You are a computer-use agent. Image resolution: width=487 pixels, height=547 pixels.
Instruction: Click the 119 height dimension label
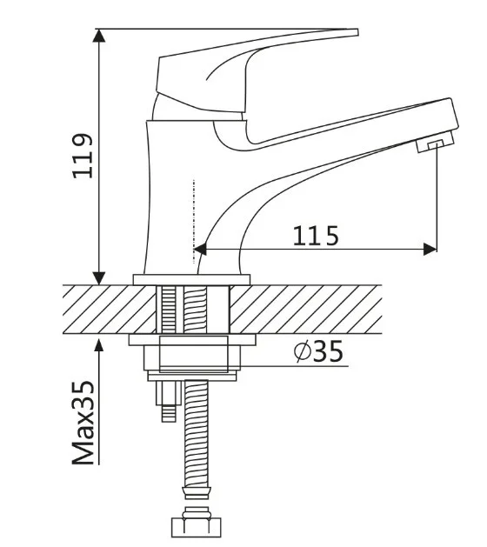83,156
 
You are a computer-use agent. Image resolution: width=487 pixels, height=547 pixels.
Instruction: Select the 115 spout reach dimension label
316,236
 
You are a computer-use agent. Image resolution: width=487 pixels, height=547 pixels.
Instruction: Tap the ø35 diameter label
318,351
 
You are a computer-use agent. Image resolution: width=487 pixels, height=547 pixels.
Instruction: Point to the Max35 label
83,423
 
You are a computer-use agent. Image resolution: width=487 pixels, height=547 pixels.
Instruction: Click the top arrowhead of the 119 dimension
99,36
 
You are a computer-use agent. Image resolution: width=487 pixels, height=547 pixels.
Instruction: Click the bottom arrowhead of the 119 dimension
99,278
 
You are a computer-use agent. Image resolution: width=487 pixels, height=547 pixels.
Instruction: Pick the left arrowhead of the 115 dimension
199,250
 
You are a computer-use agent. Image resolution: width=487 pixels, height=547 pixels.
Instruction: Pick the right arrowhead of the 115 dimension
430,250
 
